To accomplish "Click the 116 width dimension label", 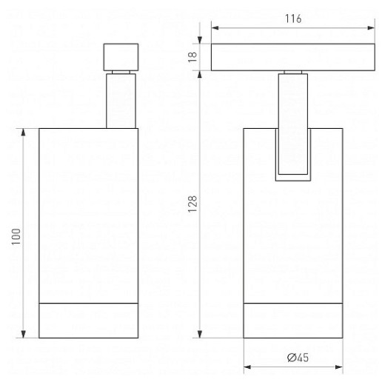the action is pyautogui.click(x=293, y=19).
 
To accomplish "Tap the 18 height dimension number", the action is pyautogui.click(x=192, y=57).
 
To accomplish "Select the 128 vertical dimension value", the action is pyautogui.click(x=192, y=204).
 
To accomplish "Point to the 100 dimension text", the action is pyautogui.click(x=16, y=236).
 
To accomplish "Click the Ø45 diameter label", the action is pyautogui.click(x=298, y=358).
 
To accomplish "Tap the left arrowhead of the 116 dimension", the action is pyautogui.click(x=215, y=28).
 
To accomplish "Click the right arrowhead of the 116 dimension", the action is pyautogui.click(x=371, y=28).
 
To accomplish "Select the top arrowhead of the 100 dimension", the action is pyautogui.click(x=24, y=132).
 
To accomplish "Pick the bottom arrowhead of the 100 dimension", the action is pyautogui.click(x=24, y=334).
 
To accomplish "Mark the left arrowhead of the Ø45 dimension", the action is pyautogui.click(x=247, y=367).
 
